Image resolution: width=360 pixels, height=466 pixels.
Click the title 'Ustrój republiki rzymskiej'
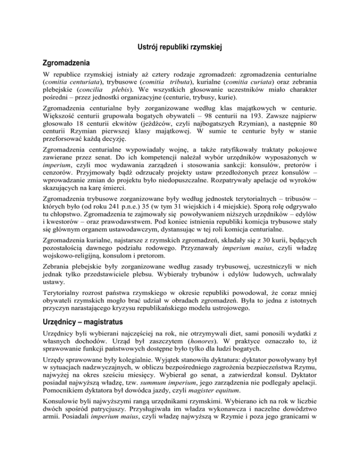[180, 46]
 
